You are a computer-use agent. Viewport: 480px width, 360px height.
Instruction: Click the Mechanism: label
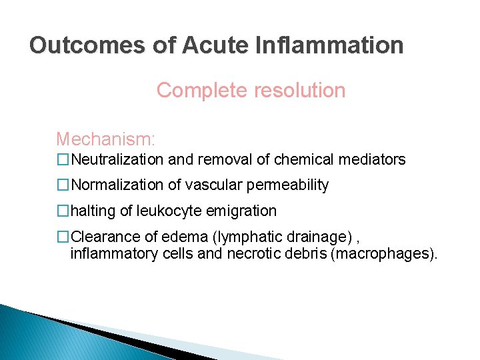pyautogui.click(x=105, y=139)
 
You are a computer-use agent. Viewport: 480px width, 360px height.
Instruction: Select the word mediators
pyautogui.click(x=373, y=160)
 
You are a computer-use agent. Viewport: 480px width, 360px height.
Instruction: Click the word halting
pyautogui.click(x=93, y=211)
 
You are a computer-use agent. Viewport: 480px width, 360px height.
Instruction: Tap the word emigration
pyautogui.click(x=242, y=211)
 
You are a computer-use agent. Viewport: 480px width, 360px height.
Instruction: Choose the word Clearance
pyautogui.click(x=102, y=237)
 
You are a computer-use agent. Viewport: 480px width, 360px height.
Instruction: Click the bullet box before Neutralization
pyautogui.click(x=63, y=160)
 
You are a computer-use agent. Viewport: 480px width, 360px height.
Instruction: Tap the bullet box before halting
pyautogui.click(x=63, y=211)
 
